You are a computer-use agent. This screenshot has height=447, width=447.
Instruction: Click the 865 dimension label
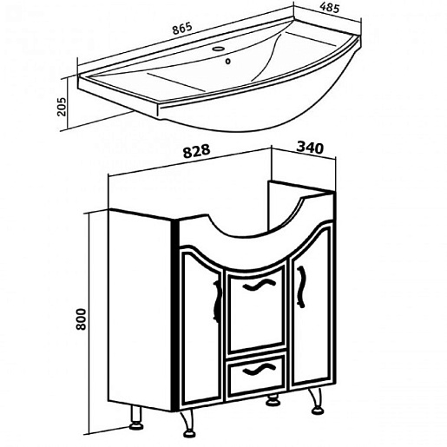coord(182,29)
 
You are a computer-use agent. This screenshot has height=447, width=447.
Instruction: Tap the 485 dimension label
coord(330,8)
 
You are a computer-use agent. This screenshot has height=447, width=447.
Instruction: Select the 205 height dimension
coord(62,107)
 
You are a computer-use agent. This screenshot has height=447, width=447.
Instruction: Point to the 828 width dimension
coord(196,151)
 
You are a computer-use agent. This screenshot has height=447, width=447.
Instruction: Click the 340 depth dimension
coord(310,148)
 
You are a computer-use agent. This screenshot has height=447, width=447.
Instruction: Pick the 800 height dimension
coord(81,319)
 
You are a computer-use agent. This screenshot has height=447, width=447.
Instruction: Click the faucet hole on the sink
coord(220,49)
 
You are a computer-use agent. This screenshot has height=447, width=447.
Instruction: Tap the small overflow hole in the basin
coord(228,62)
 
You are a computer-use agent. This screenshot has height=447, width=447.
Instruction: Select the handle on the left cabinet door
coord(216,300)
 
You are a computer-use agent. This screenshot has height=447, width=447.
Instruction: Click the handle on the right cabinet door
coord(301,286)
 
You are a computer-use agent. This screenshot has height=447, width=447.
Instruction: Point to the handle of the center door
coord(257,286)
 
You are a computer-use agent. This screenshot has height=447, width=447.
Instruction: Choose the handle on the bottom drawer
coord(259,370)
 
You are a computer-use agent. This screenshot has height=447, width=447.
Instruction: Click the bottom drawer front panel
coord(256,375)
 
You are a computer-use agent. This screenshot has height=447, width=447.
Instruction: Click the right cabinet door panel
coord(311,306)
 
